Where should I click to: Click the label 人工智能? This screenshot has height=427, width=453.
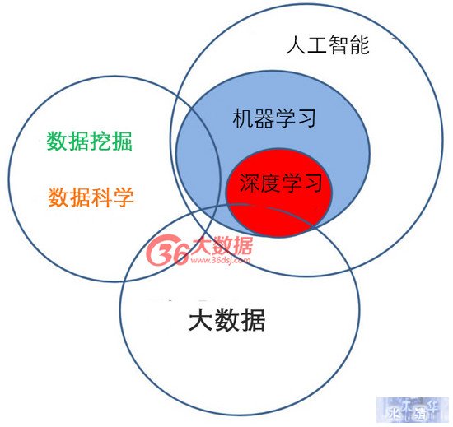pyautogui.click(x=328, y=44)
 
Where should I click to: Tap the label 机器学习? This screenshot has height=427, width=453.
pyautogui.click(x=274, y=118)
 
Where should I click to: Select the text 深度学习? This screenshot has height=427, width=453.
pyautogui.click(x=281, y=183)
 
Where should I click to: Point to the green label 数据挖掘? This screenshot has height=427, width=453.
pyautogui.click(x=90, y=141)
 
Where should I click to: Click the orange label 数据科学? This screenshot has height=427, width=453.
pyautogui.click(x=91, y=197)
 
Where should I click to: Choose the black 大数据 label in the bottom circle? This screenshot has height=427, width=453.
pyautogui.click(x=226, y=320)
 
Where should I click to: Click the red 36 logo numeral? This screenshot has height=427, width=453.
pyautogui.click(x=167, y=250)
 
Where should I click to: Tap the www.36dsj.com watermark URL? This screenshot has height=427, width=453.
pyautogui.click(x=221, y=260)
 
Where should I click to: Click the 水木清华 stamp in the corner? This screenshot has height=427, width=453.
pyautogui.click(x=414, y=411)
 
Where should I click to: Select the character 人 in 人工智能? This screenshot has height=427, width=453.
pyautogui.click(x=296, y=44)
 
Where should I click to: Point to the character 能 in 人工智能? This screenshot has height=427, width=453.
pyautogui.click(x=360, y=44)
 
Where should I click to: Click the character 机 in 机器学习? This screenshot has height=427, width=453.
pyautogui.click(x=243, y=118)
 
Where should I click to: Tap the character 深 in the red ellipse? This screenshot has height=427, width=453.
pyautogui.click(x=250, y=183)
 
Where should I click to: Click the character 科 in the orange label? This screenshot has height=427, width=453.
pyautogui.click(x=101, y=197)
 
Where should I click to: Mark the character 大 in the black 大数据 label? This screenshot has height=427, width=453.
pyautogui.click(x=200, y=320)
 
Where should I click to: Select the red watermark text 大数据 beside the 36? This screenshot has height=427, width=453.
pyautogui.click(x=222, y=245)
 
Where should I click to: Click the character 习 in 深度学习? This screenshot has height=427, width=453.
pyautogui.click(x=313, y=183)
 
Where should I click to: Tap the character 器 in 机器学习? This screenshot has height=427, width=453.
pyautogui.click(x=264, y=118)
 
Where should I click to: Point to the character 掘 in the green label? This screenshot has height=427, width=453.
pyautogui.click(x=122, y=141)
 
